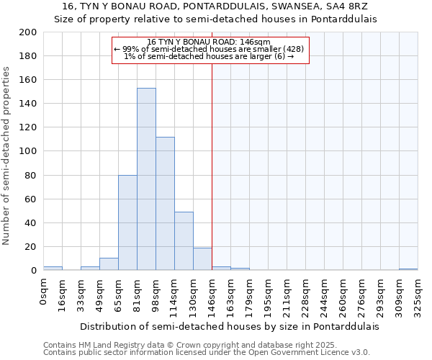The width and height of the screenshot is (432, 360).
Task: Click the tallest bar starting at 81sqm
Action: (146, 179)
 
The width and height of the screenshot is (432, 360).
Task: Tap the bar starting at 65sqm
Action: (127, 222)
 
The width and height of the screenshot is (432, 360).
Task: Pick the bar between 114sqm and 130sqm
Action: (184, 241)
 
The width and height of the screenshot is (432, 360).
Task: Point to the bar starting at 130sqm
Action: (202, 259)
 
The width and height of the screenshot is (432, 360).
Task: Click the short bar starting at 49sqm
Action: (109, 264)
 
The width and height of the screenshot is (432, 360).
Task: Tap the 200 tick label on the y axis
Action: (28, 32)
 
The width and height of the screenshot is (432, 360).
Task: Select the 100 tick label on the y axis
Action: (28, 151)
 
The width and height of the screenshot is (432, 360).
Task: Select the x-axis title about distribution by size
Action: (229, 326)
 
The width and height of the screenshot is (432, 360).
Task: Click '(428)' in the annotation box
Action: (294, 49)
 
